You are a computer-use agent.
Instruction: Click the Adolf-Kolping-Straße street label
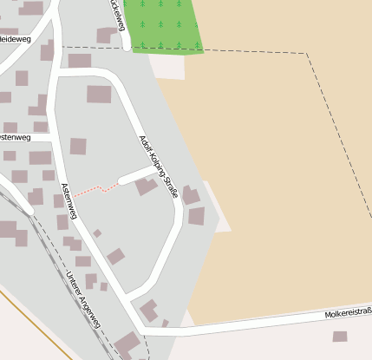(158, 167)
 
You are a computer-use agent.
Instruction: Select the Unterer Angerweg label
(83, 300)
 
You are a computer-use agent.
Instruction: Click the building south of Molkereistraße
(340, 337)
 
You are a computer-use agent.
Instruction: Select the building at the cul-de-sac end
(146, 186)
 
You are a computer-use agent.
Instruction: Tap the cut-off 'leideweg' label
(16, 38)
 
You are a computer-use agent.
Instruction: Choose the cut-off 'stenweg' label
(15, 137)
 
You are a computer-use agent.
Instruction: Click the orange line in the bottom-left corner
(35, 325)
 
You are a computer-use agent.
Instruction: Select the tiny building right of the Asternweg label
(97, 232)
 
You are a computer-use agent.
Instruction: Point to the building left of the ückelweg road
(106, 35)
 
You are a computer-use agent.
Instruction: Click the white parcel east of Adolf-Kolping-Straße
(219, 208)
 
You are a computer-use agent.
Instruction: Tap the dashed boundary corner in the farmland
(307, 54)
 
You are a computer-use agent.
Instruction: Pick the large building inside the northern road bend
(99, 94)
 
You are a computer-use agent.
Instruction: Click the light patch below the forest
(165, 65)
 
